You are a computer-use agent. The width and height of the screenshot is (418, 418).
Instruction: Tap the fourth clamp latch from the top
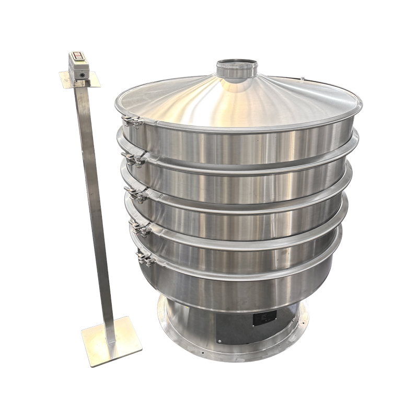(x=140, y=228)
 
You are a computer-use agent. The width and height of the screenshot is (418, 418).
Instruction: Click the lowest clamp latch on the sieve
(x=145, y=258)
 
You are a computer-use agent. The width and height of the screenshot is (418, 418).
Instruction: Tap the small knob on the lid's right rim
(x=303, y=79)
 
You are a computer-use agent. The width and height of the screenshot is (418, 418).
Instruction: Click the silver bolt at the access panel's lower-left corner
(x=220, y=342)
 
